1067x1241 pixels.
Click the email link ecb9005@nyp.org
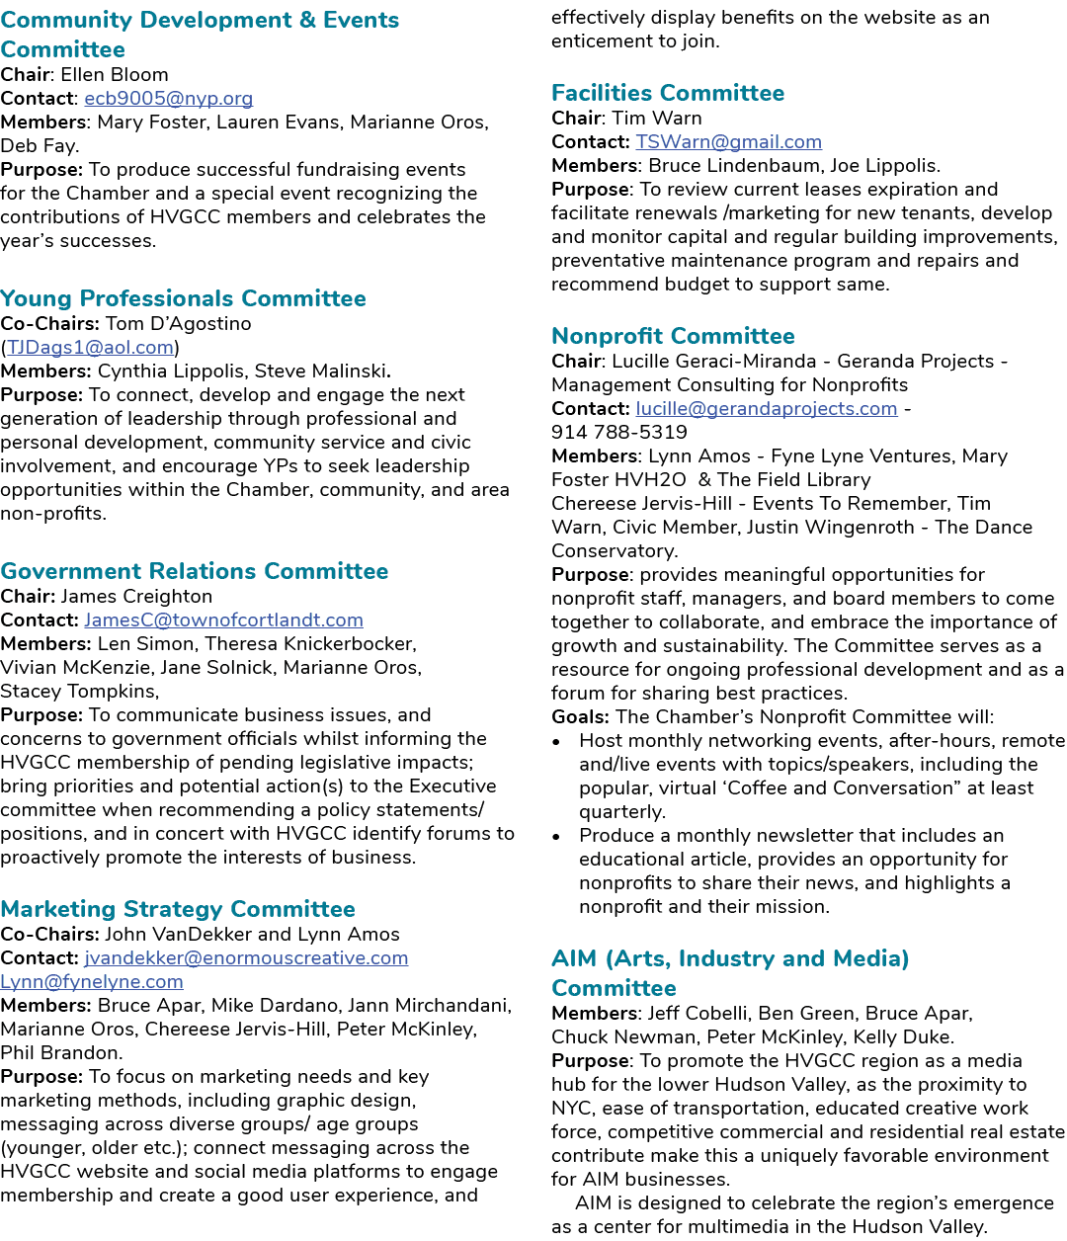[x=168, y=99]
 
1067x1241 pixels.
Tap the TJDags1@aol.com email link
[x=90, y=347]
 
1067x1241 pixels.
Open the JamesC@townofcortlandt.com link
[x=223, y=620]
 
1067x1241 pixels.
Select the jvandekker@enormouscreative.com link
[x=246, y=957]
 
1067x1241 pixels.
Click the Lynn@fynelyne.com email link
[x=91, y=981]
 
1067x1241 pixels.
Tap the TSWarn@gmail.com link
[x=728, y=141]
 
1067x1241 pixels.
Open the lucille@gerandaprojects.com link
[x=767, y=408]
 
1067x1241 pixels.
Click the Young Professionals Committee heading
[x=183, y=298]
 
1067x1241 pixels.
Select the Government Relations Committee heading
[x=194, y=571]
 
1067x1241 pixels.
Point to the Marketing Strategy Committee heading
[x=178, y=909]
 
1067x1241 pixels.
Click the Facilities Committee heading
[x=668, y=93]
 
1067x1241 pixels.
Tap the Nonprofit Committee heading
[x=673, y=336]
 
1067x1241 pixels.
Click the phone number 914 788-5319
[x=619, y=433]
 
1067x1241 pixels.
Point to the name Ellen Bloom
[x=114, y=74]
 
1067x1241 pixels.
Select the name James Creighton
[x=136, y=596]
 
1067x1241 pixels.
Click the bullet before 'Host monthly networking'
[x=556, y=743]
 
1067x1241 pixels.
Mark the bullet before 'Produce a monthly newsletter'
[x=556, y=838]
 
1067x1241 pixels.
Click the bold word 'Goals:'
[x=580, y=717]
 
